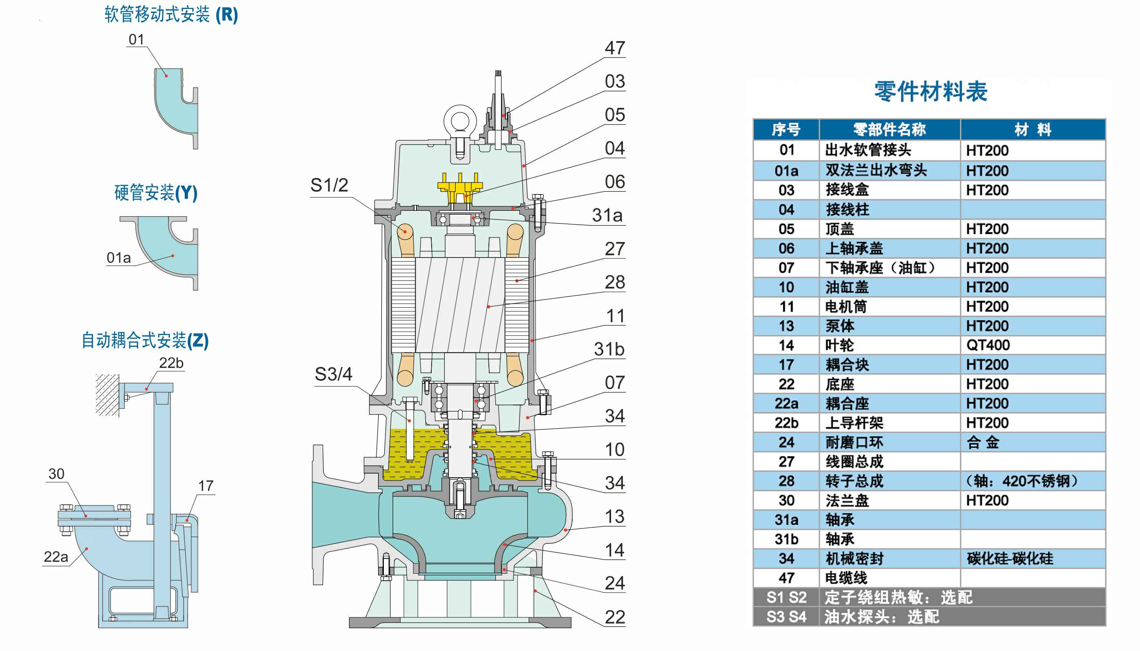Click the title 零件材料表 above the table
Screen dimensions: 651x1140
[x=930, y=92]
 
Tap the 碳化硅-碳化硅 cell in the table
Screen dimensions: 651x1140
[x=1010, y=559]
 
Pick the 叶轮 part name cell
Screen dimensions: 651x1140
[x=839, y=345]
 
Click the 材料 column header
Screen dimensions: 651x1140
[x=1032, y=130]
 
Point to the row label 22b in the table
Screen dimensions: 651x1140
[x=786, y=423]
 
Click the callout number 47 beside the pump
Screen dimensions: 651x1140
[x=615, y=48]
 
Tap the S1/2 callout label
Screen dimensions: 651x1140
[x=329, y=185]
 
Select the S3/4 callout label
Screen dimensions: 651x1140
[x=333, y=374]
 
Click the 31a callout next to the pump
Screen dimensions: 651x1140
[x=607, y=215]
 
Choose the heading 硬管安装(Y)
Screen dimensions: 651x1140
[x=156, y=193]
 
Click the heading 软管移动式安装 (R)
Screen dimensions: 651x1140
[x=171, y=15]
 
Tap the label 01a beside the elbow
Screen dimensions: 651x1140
[x=119, y=258]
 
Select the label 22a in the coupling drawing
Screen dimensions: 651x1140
[x=56, y=557]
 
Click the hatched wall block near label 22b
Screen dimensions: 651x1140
[x=107, y=395]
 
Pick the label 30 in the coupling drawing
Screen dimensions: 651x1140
[x=56, y=474]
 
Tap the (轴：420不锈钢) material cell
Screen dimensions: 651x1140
[x=1021, y=481]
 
